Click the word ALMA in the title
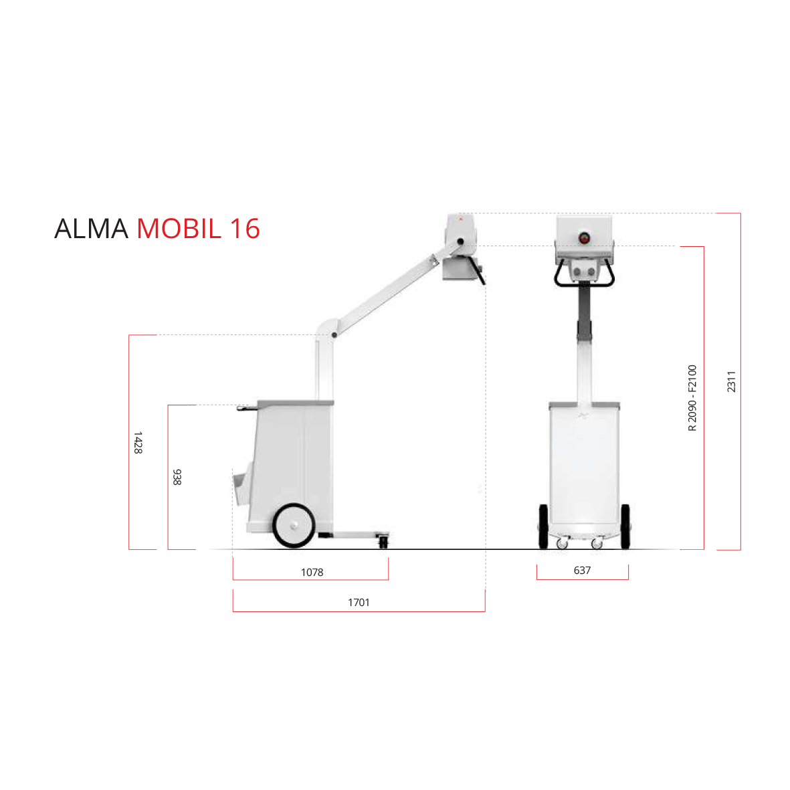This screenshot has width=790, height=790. (x=91, y=229)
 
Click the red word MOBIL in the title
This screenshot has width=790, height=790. (x=179, y=229)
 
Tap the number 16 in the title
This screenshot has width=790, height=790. (x=244, y=229)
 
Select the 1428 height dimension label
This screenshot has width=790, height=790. (x=138, y=442)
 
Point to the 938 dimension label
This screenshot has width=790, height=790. (x=177, y=477)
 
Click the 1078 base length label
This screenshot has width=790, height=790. (x=312, y=573)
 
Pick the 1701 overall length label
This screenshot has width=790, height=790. (x=359, y=603)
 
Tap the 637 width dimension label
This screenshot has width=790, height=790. (x=582, y=571)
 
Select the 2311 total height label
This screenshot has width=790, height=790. (x=732, y=381)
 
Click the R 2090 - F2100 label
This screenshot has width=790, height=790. (x=692, y=398)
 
